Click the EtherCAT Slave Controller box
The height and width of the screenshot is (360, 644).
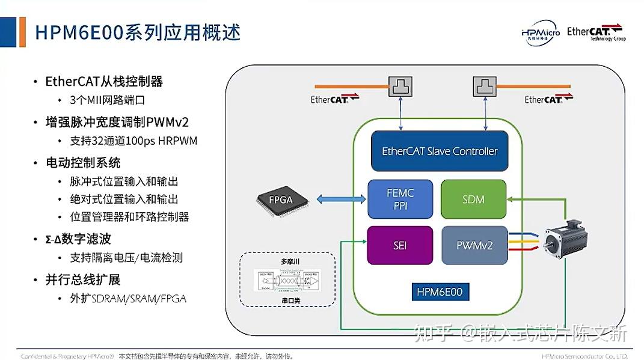pyautogui.click(x=440, y=151)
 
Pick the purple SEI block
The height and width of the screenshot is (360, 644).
pyautogui.click(x=400, y=245)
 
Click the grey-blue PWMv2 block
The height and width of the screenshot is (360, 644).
pyautogui.click(x=473, y=245)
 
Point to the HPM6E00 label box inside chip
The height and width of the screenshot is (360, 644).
pyautogui.click(x=440, y=293)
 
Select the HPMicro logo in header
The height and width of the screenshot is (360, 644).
pyautogui.click(x=540, y=34)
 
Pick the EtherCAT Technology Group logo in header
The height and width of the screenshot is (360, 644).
pyautogui.click(x=596, y=32)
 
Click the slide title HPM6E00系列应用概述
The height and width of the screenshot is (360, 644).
pyautogui.click(x=138, y=32)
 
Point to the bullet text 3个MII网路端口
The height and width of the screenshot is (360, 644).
pyautogui.click(x=108, y=100)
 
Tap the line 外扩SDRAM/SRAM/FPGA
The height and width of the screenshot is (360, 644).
pyautogui.click(x=127, y=299)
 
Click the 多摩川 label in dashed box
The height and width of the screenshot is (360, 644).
pyautogui.click(x=288, y=262)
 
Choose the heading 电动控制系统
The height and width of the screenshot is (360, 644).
pyautogui.click(x=83, y=163)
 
